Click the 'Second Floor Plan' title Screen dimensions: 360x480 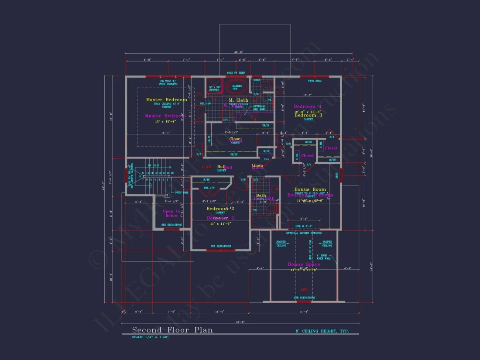(x=172, y=330)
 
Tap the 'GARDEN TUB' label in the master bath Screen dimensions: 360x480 (x=237, y=87)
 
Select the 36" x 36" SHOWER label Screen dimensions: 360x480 (x=214, y=88)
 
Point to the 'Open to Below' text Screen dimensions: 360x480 (x=171, y=213)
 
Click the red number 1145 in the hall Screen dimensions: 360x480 (x=206, y=167)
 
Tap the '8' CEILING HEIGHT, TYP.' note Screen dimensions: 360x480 (x=326, y=331)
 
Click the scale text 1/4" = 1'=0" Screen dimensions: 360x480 (x=151, y=337)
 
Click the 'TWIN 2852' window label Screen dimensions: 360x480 (x=315, y=81)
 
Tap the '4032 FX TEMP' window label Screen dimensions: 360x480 (x=236, y=72)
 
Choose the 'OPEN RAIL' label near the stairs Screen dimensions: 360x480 (x=182, y=192)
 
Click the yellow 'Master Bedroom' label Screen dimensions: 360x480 (x=166, y=99)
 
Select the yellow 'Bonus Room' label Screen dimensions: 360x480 (x=310, y=189)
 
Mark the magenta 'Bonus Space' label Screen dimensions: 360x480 (x=304, y=264)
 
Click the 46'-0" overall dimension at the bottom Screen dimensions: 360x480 (x=240, y=322)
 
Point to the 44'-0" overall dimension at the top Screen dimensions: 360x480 (x=238, y=52)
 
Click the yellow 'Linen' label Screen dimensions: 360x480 (x=257, y=165)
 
